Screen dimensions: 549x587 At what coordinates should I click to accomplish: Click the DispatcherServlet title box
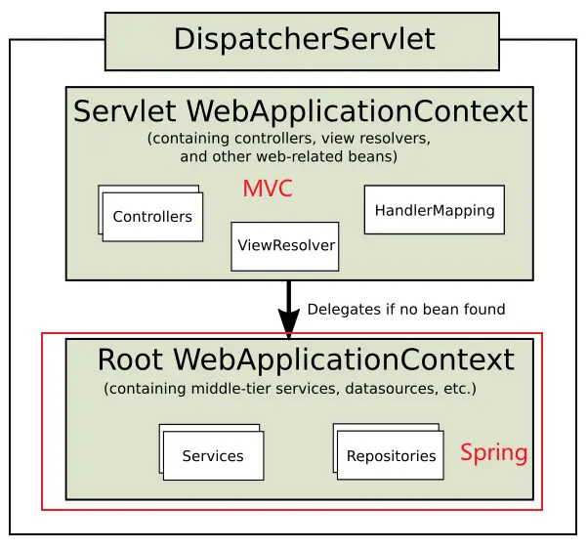pyautogui.click(x=302, y=41)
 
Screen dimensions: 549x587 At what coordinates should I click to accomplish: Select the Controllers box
pyautogui.click(x=153, y=217)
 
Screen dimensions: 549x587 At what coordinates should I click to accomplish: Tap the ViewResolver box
pyautogui.click(x=285, y=245)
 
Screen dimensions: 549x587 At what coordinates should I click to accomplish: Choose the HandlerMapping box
pyautogui.click(x=434, y=210)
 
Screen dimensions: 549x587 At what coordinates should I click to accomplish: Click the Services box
pyautogui.click(x=213, y=455)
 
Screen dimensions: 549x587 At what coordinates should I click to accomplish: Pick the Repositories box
pyautogui.click(x=391, y=455)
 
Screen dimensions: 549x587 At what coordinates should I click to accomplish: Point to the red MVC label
pyautogui.click(x=268, y=190)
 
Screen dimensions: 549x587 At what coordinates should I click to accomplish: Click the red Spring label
pyautogui.click(x=493, y=453)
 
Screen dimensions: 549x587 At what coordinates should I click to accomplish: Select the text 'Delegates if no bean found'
pyautogui.click(x=405, y=310)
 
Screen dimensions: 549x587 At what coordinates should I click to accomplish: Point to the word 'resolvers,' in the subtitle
pyautogui.click(x=393, y=139)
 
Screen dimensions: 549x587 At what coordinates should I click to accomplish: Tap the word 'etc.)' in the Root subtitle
pyautogui.click(x=457, y=389)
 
